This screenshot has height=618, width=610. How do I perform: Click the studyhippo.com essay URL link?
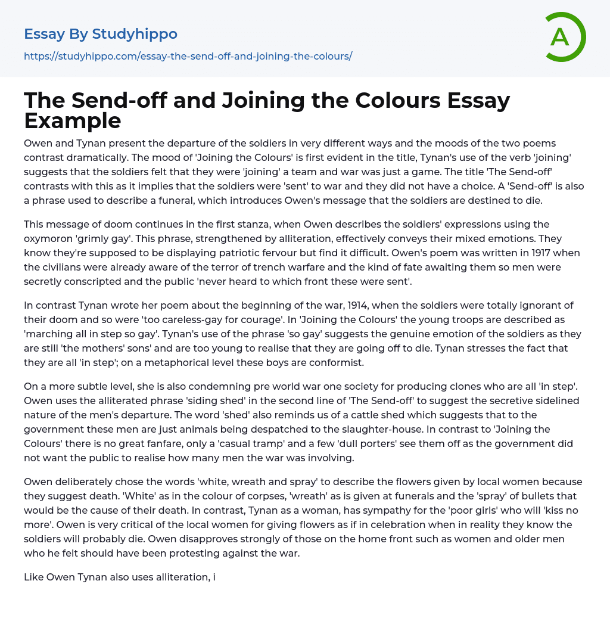click(188, 56)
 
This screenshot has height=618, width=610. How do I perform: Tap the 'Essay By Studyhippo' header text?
click(101, 34)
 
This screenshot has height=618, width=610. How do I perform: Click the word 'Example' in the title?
click(73, 121)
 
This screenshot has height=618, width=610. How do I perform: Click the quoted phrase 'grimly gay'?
click(97, 238)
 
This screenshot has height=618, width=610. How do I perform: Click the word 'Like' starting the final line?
click(33, 577)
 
